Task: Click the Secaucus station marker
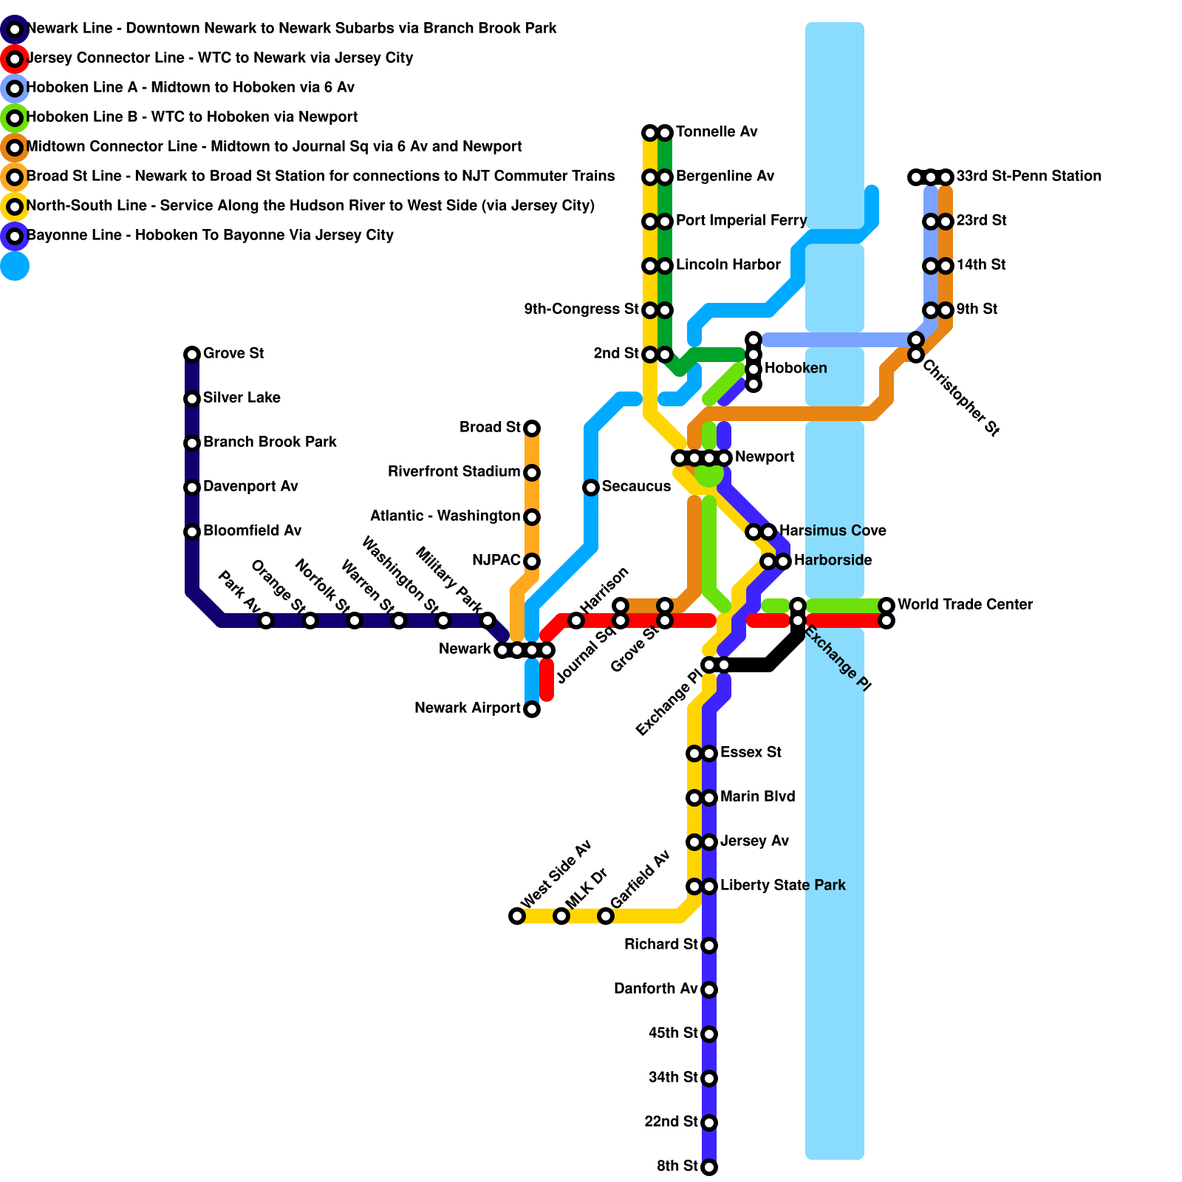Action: click(x=591, y=488)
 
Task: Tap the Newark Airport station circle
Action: click(x=532, y=709)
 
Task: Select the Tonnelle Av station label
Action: click(x=716, y=132)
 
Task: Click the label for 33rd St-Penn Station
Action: click(x=1028, y=177)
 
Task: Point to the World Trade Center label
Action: click(x=965, y=605)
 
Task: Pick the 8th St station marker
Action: click(x=709, y=1167)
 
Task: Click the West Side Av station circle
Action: click(x=517, y=916)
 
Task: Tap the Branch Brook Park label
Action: click(x=270, y=443)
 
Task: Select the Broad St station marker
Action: click(x=532, y=428)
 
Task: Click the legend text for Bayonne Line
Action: click(x=210, y=236)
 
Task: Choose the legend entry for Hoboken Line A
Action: click(x=190, y=88)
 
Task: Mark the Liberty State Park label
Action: click(x=782, y=886)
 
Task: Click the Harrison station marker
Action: click(x=576, y=621)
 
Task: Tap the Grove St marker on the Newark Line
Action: click(x=192, y=355)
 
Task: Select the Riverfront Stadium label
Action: click(x=454, y=472)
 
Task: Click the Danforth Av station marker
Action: click(x=709, y=990)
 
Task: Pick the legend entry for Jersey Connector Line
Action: click(x=219, y=58)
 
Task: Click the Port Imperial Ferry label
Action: click(x=741, y=221)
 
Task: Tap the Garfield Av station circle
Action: click(x=606, y=916)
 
